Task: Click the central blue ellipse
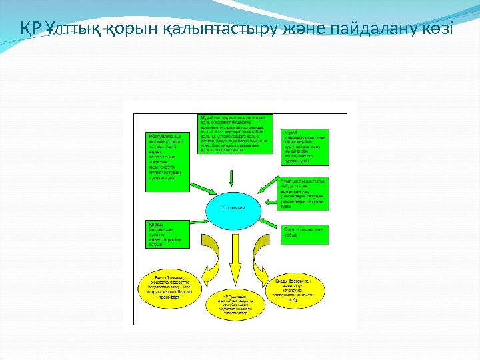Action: point(232,206)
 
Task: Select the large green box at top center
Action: point(235,133)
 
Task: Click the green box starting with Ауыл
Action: point(305,195)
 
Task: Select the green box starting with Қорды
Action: point(167,234)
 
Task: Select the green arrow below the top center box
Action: point(233,177)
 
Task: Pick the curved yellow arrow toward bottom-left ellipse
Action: point(200,250)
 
